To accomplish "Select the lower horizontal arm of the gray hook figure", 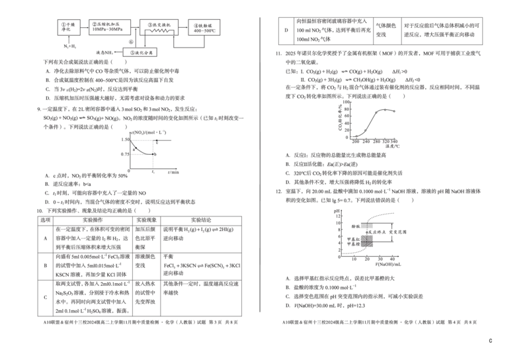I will point(141,156).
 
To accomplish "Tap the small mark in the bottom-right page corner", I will point(490,339).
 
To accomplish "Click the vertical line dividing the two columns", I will point(263,165).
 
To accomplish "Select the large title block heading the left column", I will point(137,26).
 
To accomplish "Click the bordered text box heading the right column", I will point(382,31).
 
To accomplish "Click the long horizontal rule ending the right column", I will point(380,322).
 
